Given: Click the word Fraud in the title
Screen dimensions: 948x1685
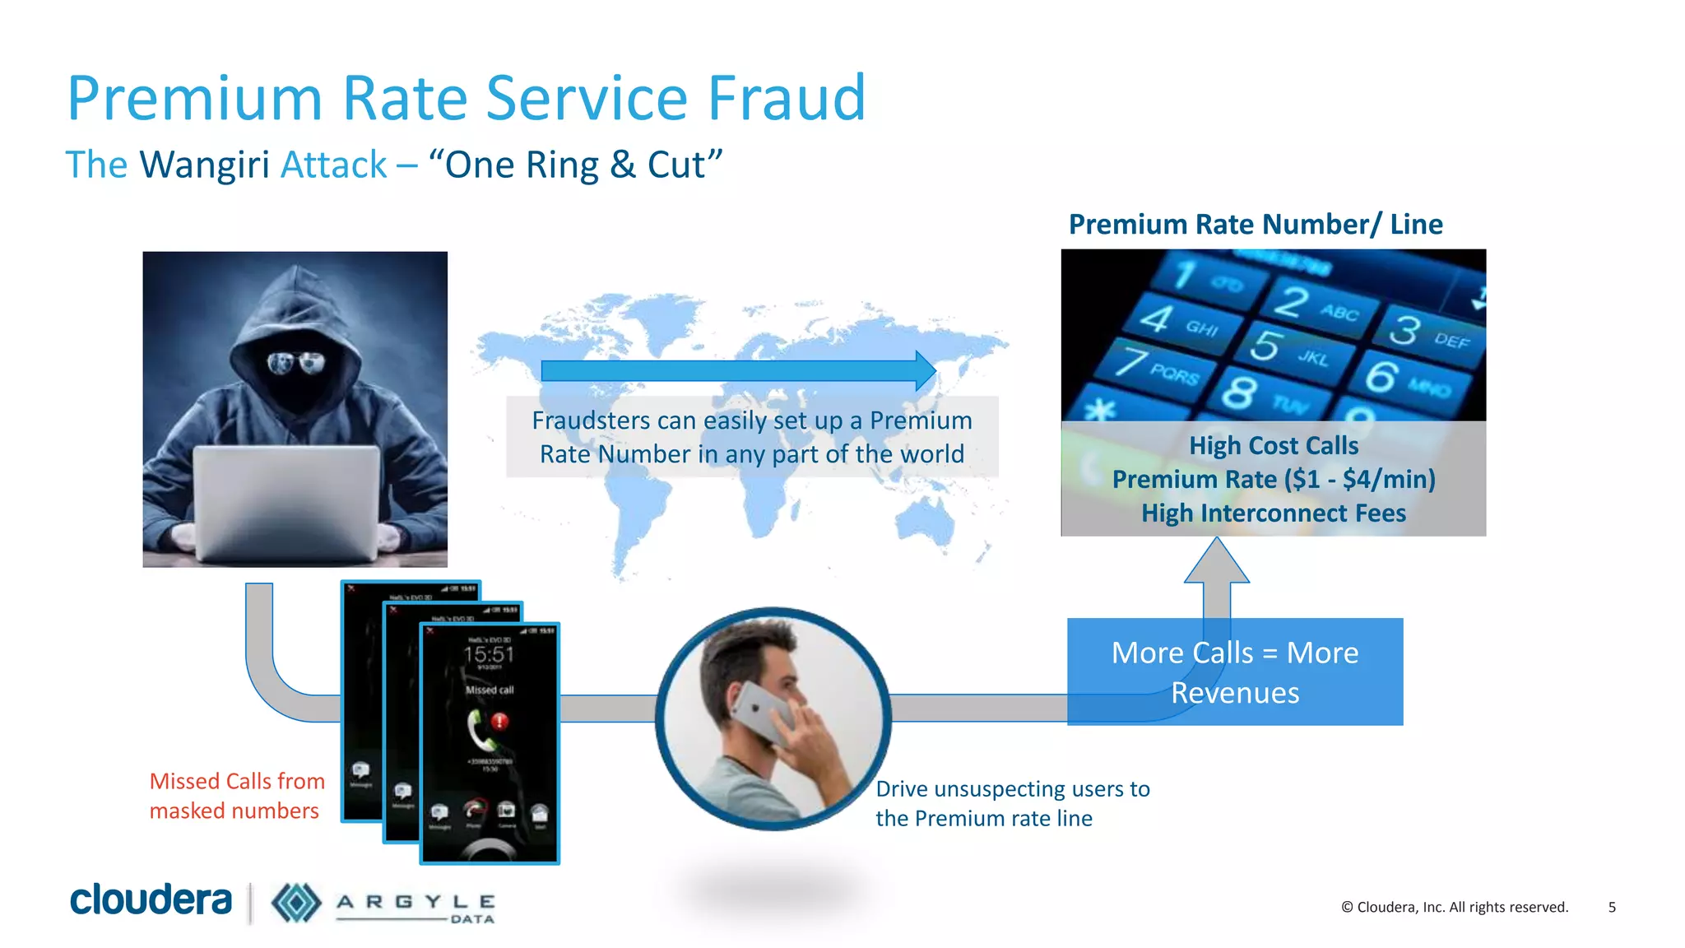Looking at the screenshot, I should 786,99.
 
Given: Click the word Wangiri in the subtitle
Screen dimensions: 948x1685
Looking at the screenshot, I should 205,165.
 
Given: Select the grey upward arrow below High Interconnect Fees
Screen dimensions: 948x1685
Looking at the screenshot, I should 1217,576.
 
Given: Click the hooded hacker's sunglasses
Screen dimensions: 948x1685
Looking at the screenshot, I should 296,362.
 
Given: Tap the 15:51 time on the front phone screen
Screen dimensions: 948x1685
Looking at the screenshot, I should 489,655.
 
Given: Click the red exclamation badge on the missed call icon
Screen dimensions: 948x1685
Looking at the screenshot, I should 499,722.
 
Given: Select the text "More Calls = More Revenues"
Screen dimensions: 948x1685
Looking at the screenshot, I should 1235,672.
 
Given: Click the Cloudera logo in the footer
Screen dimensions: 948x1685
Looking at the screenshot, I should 151,900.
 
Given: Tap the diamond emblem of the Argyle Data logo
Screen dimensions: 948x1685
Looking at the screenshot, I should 296,903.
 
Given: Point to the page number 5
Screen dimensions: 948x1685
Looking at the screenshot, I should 1612,907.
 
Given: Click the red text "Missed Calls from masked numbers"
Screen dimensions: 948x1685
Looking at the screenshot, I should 236,796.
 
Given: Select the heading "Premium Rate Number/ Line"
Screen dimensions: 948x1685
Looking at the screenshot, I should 1256,225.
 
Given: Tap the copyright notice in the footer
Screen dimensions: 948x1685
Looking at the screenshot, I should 1455,907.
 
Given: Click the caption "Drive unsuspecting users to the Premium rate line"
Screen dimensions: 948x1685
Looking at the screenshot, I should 1012,803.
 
